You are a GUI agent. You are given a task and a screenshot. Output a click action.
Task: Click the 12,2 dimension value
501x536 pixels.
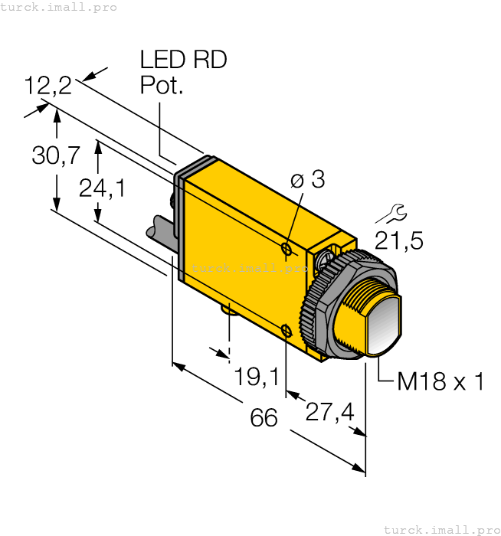[47, 85]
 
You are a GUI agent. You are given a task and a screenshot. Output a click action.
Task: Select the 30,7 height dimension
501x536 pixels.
[56, 155]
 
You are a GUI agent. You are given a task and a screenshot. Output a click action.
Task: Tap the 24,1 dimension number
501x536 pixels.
[102, 188]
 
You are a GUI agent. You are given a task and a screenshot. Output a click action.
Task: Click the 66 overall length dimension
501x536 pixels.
[264, 418]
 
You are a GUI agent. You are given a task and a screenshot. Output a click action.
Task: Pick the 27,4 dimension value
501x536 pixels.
[329, 412]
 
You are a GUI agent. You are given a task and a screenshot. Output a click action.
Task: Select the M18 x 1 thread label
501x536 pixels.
[440, 381]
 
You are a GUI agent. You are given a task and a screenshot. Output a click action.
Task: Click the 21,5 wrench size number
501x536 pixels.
[398, 241]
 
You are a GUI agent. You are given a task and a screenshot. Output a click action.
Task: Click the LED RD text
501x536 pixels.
[183, 60]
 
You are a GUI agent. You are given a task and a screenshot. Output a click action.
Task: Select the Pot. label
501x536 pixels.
[162, 86]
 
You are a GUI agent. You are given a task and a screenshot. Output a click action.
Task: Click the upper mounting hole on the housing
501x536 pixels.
[287, 250]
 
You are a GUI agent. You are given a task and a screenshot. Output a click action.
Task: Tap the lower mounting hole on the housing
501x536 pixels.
[286, 330]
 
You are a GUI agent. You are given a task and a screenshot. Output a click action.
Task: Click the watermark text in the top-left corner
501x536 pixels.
[59, 7]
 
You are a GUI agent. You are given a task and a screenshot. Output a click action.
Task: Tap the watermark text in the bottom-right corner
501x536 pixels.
[440, 529]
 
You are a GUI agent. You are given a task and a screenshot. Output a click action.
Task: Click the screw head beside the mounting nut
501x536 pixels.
[330, 259]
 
